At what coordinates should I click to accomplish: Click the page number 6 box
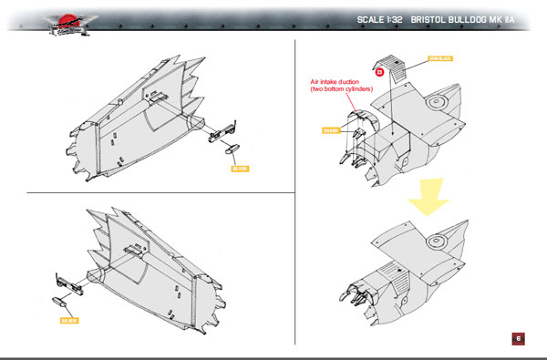(517, 338)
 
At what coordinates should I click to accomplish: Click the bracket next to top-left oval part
(219, 134)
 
